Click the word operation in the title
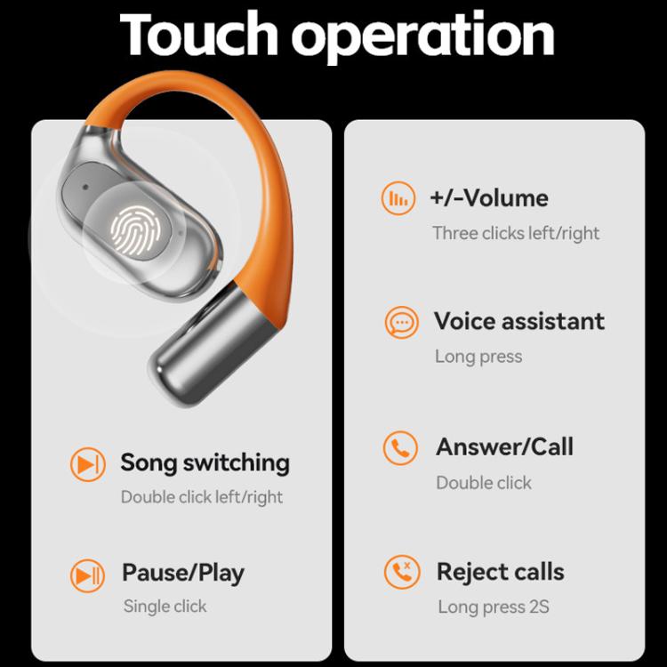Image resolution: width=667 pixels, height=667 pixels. [x=423, y=37]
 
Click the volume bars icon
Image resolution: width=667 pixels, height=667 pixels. [x=398, y=198]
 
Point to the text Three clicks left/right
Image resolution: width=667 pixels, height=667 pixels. [x=516, y=233]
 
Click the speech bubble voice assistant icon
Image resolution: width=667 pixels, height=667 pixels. [x=401, y=322]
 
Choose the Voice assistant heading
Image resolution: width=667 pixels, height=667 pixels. [x=518, y=320]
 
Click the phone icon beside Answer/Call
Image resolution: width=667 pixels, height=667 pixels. [x=400, y=448]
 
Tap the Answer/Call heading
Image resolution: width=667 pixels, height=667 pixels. [x=504, y=446]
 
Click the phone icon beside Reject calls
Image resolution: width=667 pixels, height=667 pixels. [x=401, y=572]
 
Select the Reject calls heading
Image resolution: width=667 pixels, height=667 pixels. [x=500, y=571]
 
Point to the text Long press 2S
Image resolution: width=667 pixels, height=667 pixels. [x=493, y=607]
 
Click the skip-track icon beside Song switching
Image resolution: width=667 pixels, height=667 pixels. [x=87, y=463]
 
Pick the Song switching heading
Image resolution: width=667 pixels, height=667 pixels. [x=205, y=462]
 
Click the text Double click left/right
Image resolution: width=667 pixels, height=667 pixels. [x=202, y=496]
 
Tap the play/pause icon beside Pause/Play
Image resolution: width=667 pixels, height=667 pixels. [x=87, y=575]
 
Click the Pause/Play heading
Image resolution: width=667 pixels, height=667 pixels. [x=182, y=573]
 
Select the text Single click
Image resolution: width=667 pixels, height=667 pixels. [x=165, y=607]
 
